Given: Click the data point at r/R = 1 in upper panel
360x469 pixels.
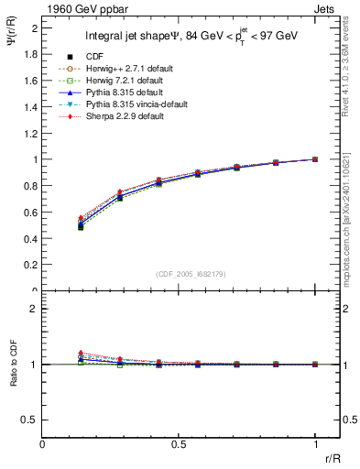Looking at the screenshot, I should coord(315,159).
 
